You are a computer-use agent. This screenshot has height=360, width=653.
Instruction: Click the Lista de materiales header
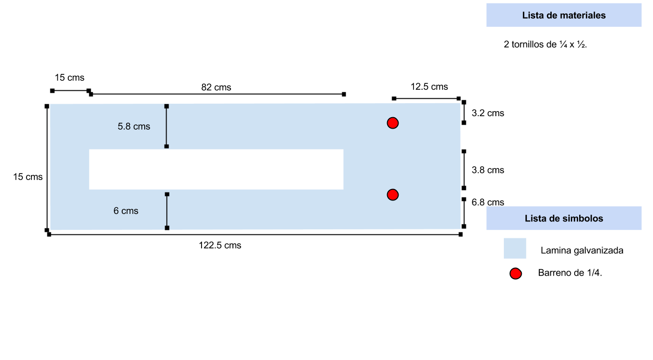point(564,15)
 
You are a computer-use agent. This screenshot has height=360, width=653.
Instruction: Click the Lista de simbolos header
point(564,218)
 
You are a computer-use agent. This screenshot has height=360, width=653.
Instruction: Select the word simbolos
point(584,218)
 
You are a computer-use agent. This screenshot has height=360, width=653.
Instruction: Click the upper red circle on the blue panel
point(393,123)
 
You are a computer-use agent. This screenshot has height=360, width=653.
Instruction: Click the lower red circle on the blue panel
point(393,194)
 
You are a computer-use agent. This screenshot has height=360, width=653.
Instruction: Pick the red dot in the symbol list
point(516,274)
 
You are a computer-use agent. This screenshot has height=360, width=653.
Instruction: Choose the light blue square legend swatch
point(515,248)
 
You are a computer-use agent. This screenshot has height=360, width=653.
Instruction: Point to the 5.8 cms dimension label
point(134,127)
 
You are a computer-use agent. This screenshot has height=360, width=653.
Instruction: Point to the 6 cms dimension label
point(126,211)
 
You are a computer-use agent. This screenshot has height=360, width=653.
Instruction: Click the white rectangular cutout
point(216,169)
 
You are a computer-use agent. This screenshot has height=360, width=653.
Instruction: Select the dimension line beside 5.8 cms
point(167,127)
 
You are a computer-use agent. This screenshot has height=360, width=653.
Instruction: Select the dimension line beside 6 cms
point(167,211)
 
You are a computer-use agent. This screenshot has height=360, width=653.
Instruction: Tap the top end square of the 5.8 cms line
point(167,106)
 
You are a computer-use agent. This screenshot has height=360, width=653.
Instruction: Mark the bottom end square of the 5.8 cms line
point(167,147)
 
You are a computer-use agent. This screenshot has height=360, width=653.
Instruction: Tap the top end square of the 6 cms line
point(167,194)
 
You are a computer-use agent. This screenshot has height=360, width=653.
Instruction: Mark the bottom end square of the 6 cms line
point(167,228)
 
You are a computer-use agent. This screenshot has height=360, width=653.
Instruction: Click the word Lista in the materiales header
point(532,15)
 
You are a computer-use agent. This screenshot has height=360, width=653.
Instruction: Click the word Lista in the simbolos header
point(535,218)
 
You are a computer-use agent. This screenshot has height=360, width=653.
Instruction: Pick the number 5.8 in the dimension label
point(124,127)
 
